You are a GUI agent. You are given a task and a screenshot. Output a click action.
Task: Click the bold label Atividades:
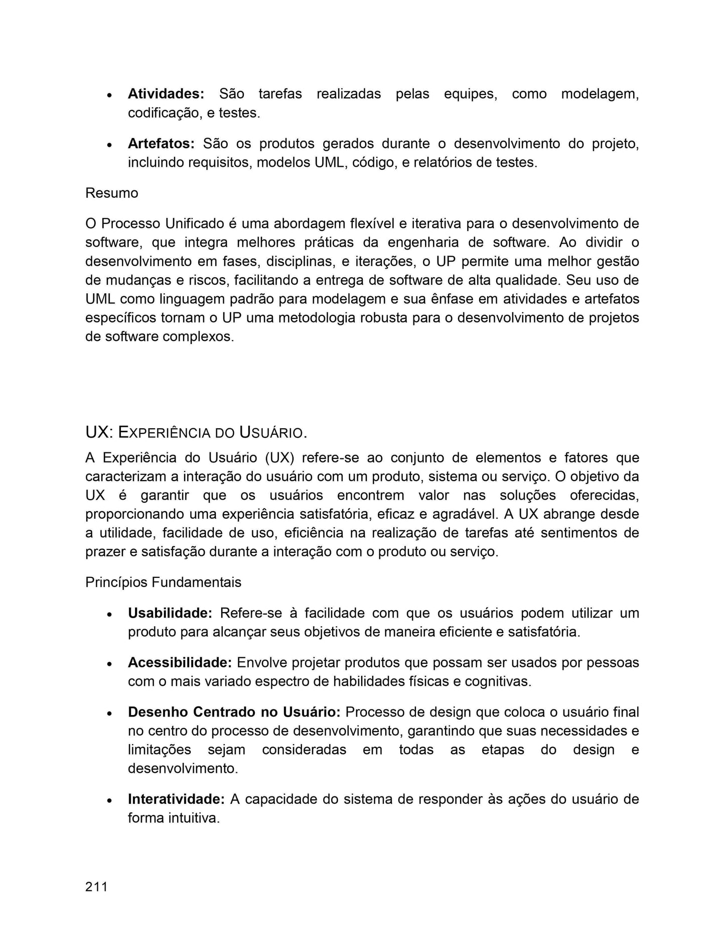tap(166, 94)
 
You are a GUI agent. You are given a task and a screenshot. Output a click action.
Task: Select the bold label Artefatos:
tap(161, 144)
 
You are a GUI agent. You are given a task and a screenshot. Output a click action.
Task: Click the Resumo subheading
tap(111, 193)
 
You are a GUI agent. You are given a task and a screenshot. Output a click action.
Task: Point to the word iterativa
tap(435, 223)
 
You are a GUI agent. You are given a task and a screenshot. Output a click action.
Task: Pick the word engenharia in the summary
tap(423, 243)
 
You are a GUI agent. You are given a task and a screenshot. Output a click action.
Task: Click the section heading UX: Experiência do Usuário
tap(196, 432)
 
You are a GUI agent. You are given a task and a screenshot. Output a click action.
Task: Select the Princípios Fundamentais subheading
tap(163, 582)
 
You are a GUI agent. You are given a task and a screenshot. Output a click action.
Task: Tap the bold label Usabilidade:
tap(170, 613)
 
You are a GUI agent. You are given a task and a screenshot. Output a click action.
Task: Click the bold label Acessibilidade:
tap(180, 663)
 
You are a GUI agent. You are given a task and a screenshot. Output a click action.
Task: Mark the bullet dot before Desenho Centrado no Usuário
tap(109, 714)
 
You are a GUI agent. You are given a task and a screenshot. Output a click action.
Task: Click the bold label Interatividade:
tap(176, 799)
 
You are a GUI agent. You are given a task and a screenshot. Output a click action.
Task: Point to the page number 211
tap(96, 887)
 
